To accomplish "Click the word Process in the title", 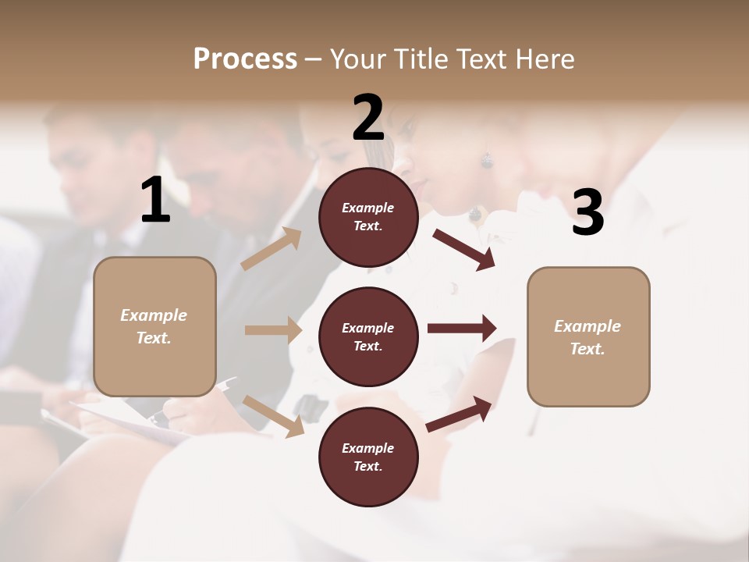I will coord(245,59).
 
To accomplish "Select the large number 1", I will coord(155,201).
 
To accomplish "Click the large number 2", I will coord(368,118).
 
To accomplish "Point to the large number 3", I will coord(587,212).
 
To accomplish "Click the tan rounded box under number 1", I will coord(154,326).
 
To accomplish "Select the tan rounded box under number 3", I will coord(588,336).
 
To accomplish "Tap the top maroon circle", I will coord(368,217).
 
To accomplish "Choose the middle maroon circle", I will coord(368,336).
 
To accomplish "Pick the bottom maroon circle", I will coord(368,457).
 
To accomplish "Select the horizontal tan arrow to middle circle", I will coord(273,330).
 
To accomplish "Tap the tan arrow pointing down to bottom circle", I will coord(273,415).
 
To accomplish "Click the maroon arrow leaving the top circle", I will coord(463,249).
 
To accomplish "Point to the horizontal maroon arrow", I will coord(461,329).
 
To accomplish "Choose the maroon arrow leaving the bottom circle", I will coord(460,414).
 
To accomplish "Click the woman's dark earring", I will coord(487,161).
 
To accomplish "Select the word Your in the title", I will coord(358,59).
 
